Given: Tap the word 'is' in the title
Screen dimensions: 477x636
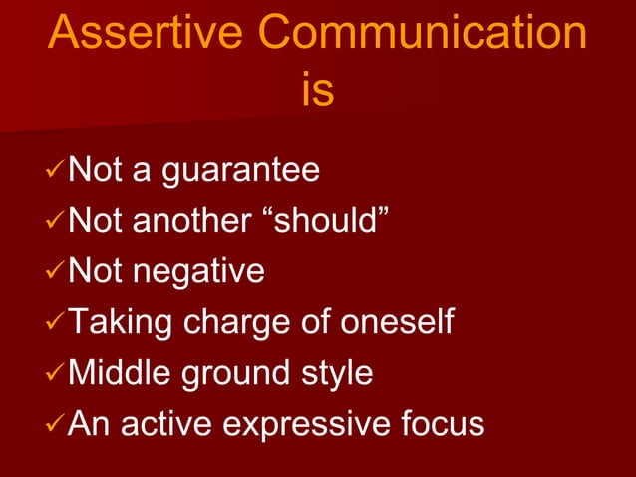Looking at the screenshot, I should coord(317,91).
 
